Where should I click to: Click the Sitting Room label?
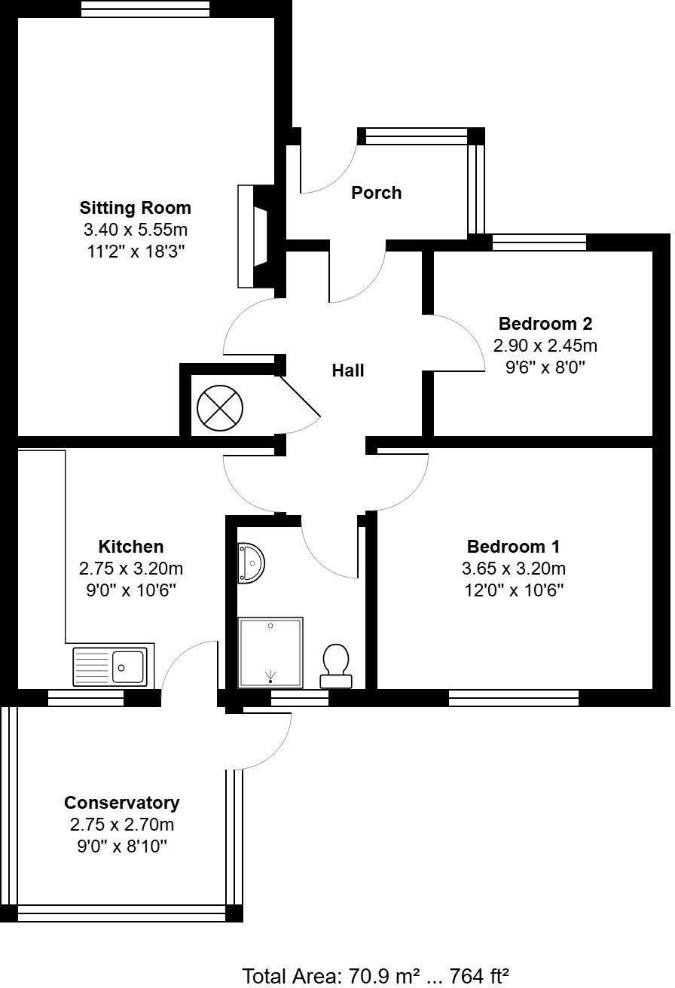(136, 208)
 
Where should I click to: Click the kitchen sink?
(113, 666)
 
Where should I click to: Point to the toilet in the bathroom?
(335, 666)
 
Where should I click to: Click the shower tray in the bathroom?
(270, 652)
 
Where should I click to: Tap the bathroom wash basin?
(249, 563)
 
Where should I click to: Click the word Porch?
(376, 193)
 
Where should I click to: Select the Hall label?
(348, 370)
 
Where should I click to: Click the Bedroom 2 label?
(545, 324)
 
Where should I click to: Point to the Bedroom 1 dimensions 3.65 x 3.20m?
(514, 568)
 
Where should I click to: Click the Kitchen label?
(131, 547)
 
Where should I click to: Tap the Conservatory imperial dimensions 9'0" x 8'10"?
(121, 846)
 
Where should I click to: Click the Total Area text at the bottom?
(376, 976)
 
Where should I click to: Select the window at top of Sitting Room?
(145, 9)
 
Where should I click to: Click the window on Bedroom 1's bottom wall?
(514, 698)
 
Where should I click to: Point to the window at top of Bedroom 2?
(539, 242)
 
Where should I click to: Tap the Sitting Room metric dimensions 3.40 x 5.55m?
(136, 230)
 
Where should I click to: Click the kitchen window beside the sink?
(86, 698)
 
